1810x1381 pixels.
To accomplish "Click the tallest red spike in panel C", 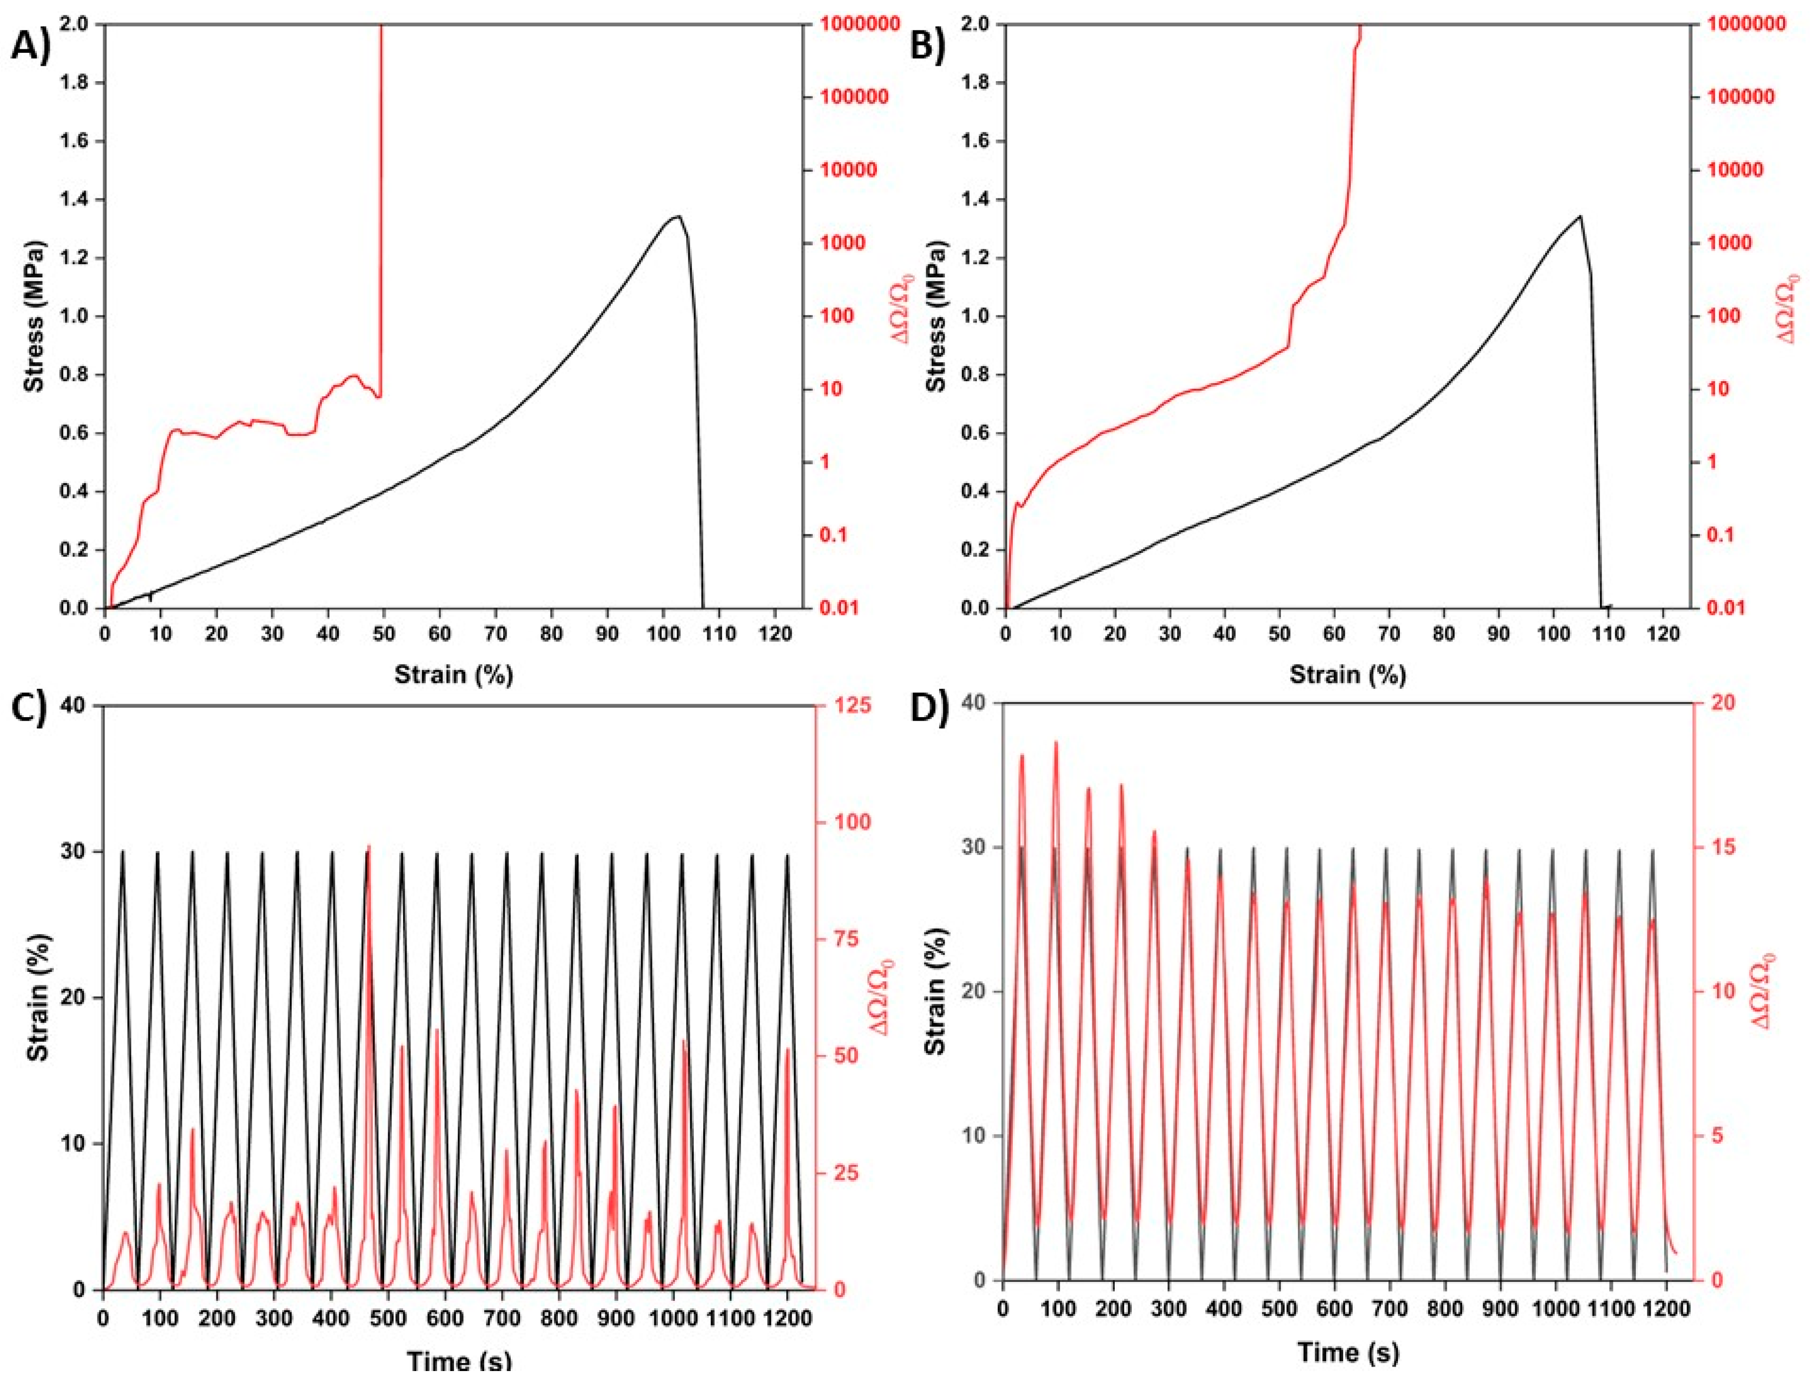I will click(368, 847).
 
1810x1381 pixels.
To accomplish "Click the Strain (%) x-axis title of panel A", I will click(453, 675).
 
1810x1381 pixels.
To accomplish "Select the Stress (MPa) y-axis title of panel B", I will click(935, 317).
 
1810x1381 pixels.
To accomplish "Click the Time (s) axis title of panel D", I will click(1348, 1352).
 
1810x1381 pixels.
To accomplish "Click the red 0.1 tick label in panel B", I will click(1716, 535).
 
